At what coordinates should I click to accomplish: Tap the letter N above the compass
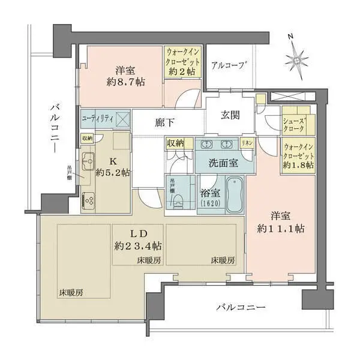click(290, 37)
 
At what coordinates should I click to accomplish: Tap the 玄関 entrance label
click(230, 115)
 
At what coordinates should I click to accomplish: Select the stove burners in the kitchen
click(89, 199)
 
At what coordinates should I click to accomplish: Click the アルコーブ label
click(229, 65)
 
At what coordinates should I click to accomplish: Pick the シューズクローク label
click(296, 123)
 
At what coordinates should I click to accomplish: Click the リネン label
click(246, 143)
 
